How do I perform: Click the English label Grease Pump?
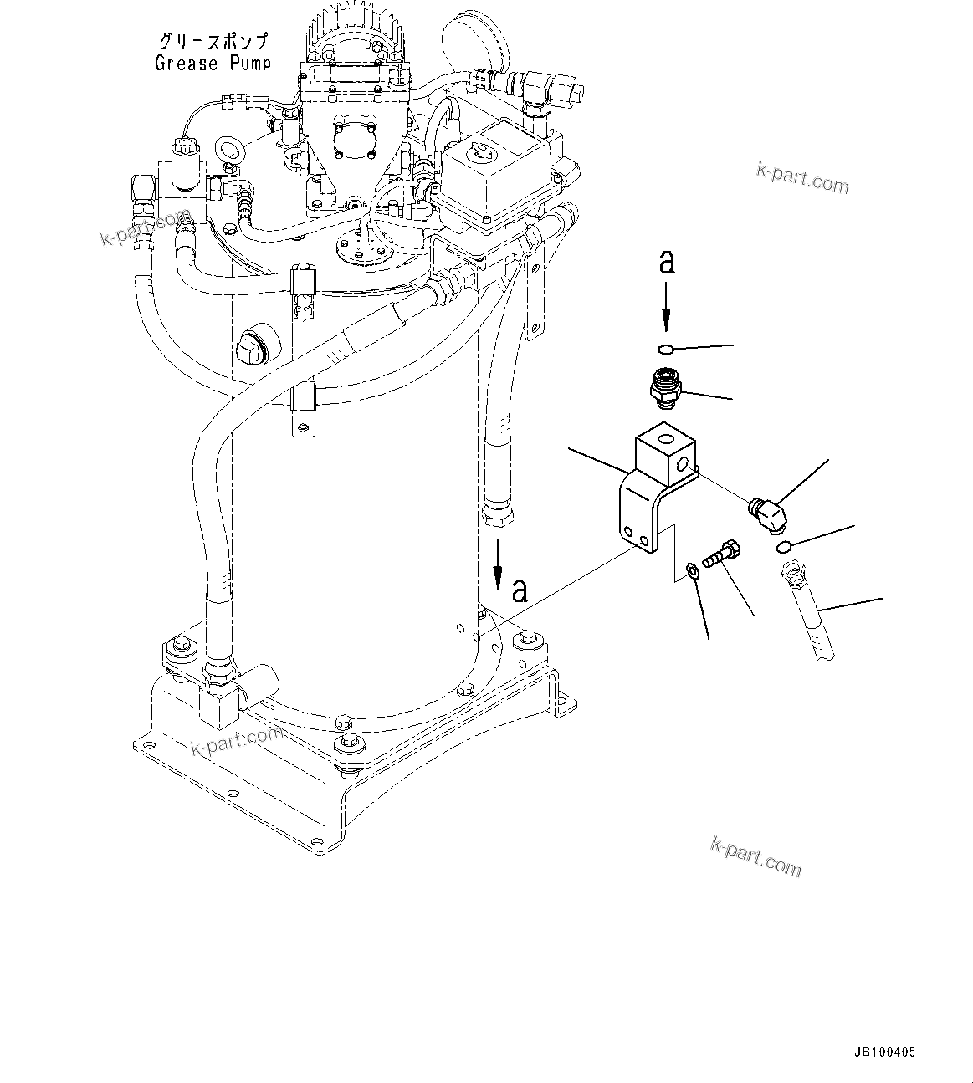pos(213,63)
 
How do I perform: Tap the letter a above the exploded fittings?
pos(667,262)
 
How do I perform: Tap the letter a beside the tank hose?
pos(520,590)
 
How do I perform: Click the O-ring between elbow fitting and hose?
pos(782,547)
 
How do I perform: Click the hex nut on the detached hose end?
pos(791,575)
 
